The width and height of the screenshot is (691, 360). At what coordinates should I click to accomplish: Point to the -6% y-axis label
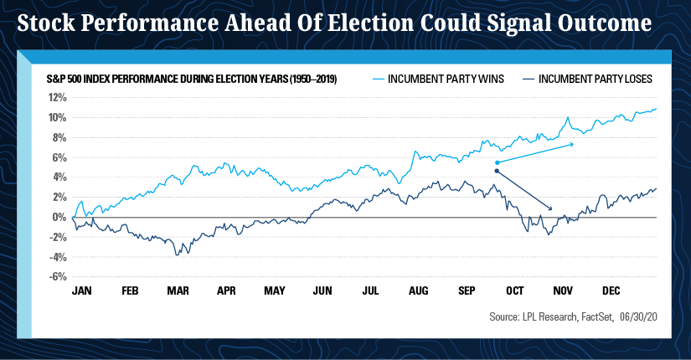[59, 277]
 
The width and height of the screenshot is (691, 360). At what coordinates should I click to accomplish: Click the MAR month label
[178, 291]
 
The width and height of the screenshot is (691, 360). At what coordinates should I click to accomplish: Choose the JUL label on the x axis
[370, 291]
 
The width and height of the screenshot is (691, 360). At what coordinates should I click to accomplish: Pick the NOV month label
[563, 291]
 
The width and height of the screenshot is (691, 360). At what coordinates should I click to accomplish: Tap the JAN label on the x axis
[82, 291]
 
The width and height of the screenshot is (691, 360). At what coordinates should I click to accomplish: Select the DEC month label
[611, 291]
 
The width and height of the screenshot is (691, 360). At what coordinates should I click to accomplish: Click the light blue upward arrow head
[573, 144]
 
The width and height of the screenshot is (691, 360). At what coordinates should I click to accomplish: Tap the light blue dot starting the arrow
[498, 162]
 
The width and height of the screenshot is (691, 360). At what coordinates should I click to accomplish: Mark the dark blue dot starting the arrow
[498, 171]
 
